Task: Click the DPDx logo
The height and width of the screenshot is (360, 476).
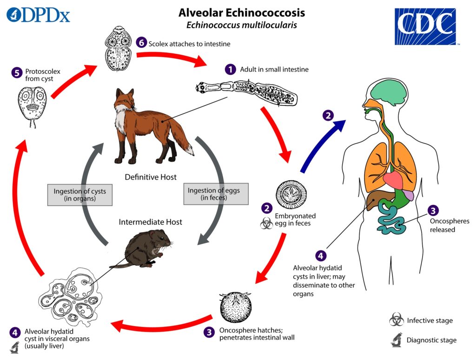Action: pos(38,15)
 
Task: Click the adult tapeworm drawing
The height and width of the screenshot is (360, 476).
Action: pos(246,92)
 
